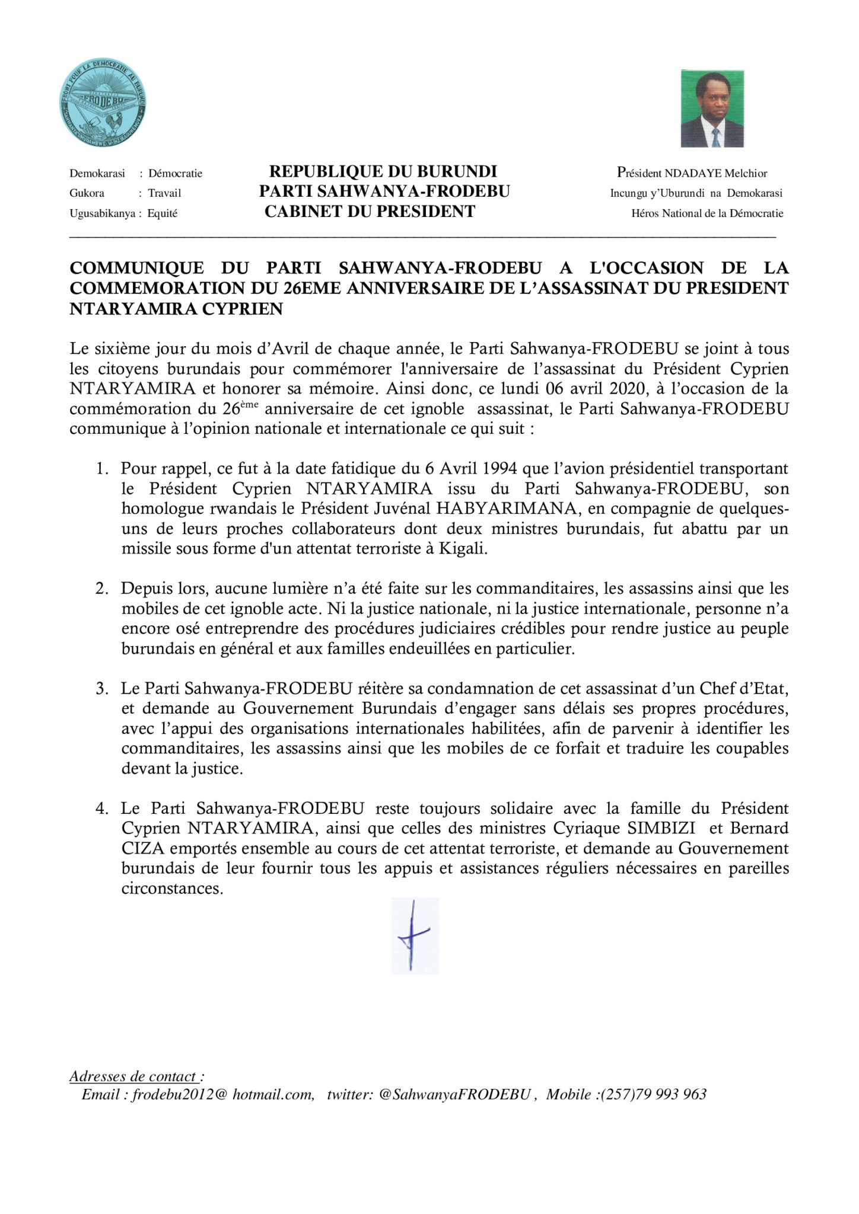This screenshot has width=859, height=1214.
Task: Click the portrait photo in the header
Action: tap(712, 108)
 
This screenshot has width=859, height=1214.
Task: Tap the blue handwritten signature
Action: tap(414, 935)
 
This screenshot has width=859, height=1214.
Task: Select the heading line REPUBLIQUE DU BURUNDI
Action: tap(383, 172)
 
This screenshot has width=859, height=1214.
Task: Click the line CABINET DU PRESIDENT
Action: tap(370, 212)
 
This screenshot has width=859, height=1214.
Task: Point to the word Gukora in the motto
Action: tap(87, 193)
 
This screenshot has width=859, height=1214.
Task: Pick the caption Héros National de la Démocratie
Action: tap(707, 213)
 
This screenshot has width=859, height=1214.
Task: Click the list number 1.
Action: tap(101, 469)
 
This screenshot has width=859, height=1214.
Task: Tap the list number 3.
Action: tap(101, 689)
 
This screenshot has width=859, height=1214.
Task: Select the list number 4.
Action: tap(101, 809)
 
